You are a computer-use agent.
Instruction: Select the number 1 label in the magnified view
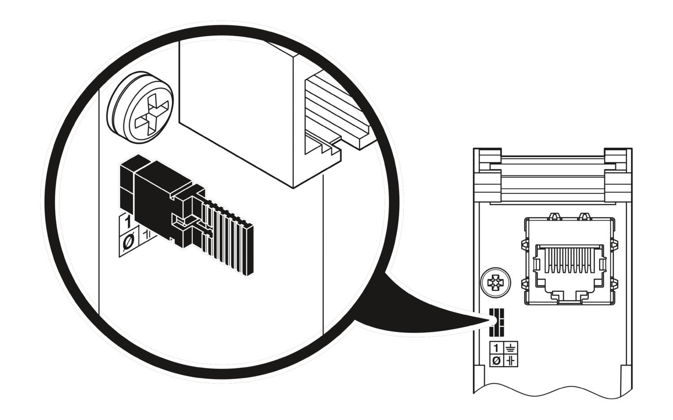[127, 222]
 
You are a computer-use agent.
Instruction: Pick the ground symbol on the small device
[511, 348]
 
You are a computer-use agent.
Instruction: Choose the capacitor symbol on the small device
[511, 360]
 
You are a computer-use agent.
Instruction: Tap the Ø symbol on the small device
[496, 360]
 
